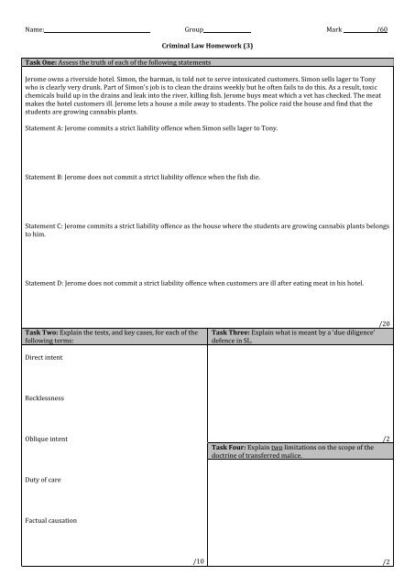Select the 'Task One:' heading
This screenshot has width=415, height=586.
pos(41,62)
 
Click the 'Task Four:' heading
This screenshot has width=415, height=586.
pos(232,446)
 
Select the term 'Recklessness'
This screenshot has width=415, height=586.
pos(46,398)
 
